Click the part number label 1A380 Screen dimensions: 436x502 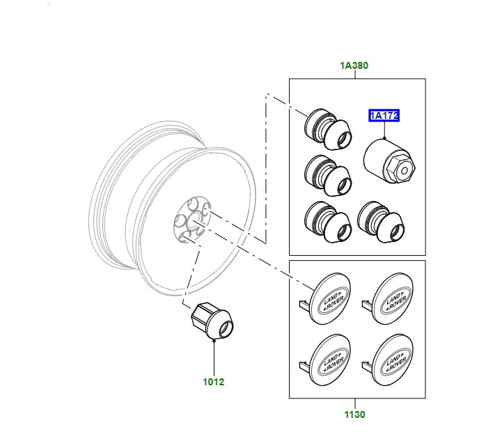tap(354, 66)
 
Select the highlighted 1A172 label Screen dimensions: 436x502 tap(384, 116)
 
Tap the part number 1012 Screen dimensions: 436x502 tap(214, 382)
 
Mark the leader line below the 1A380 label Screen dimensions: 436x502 tap(354, 74)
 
